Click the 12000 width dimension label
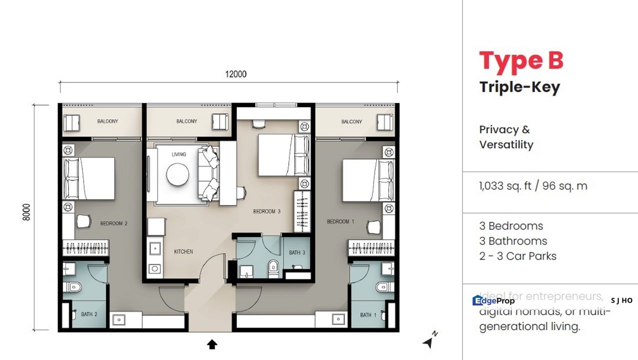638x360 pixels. [x=236, y=74]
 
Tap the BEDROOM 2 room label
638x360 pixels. [x=114, y=223]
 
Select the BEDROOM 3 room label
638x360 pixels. [x=267, y=211]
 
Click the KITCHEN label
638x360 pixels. [x=183, y=251]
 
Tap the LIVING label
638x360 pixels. [x=179, y=154]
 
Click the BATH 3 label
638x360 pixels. [x=297, y=252]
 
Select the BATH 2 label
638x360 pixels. [x=89, y=314]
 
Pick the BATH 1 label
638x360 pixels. [x=368, y=315]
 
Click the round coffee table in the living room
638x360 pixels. [x=178, y=175]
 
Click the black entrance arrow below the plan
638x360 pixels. [x=212, y=344]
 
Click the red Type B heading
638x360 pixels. [x=521, y=61]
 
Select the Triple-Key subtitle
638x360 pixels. [x=519, y=87]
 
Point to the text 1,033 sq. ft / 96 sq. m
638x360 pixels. [x=533, y=186]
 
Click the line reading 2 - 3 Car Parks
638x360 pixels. [x=517, y=256]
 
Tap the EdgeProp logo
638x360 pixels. [x=493, y=300]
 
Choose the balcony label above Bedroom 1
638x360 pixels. [x=352, y=121]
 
